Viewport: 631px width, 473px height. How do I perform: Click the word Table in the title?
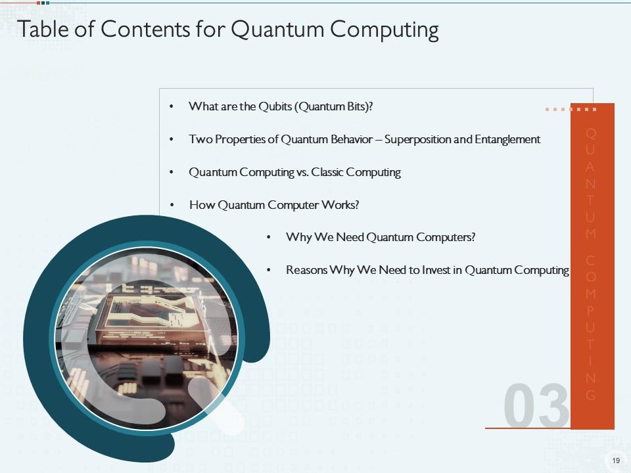[x=43, y=29]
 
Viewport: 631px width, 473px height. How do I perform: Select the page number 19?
[x=616, y=461]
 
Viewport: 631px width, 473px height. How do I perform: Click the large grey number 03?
[x=536, y=405]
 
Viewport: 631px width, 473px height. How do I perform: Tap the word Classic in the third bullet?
[x=327, y=172]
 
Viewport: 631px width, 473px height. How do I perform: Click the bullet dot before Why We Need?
[x=268, y=237]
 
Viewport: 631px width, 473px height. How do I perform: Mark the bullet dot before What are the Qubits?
[x=172, y=106]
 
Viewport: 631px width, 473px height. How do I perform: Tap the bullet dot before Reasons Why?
[x=268, y=270]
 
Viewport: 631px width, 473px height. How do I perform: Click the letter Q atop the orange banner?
[x=591, y=133]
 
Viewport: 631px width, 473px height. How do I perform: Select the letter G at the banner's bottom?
[x=591, y=395]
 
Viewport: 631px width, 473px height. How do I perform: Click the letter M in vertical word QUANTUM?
[x=591, y=233]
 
